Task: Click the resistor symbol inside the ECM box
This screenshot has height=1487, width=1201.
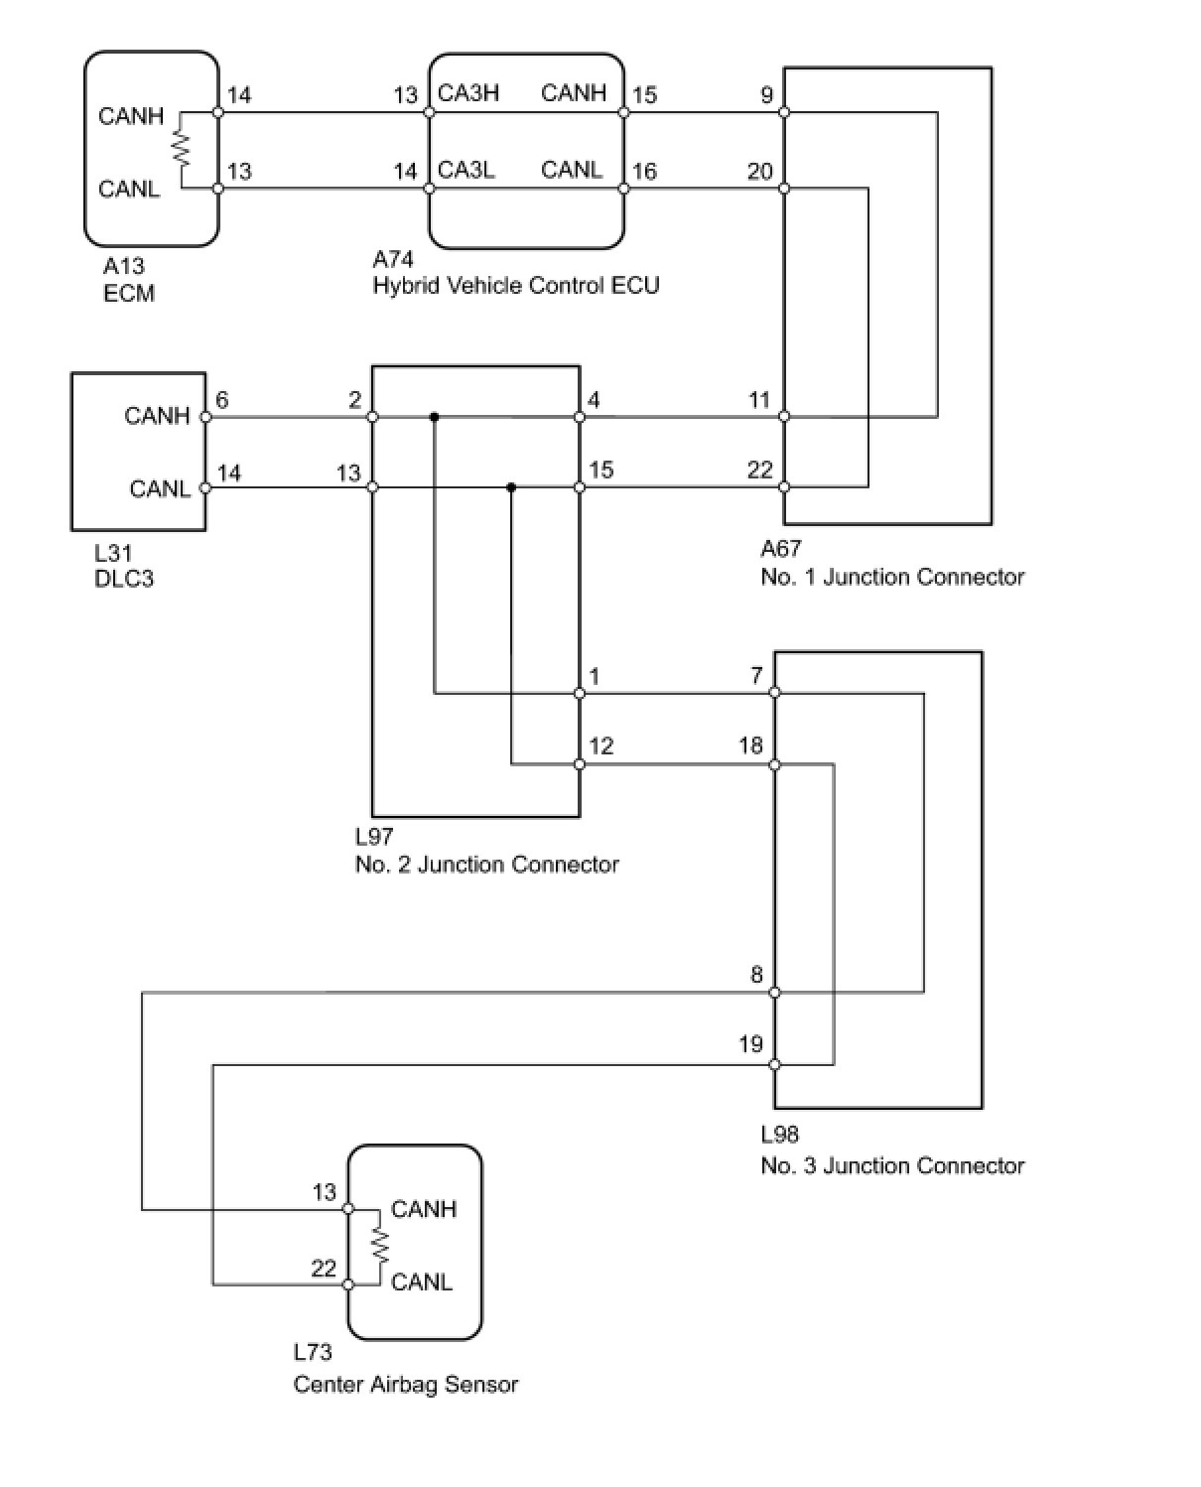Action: pos(181,149)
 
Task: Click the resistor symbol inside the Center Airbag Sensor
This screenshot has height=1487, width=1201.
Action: pos(377,1246)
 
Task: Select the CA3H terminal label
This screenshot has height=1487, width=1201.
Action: pos(467,93)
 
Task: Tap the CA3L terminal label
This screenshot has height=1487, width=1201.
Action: pos(466,170)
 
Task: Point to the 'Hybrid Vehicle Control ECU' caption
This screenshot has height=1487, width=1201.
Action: pos(515,286)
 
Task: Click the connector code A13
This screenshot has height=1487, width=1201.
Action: pos(123,266)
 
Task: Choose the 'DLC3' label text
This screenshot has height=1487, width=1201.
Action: pos(124,579)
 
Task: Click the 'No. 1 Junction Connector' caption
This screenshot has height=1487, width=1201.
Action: pos(891,577)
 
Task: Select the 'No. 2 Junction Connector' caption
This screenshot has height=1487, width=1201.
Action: pos(486,865)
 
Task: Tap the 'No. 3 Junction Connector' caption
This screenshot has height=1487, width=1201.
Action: pos(891,1165)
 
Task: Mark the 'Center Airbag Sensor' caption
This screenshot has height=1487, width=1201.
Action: pos(405,1384)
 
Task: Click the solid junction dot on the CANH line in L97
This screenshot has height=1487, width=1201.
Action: pos(434,417)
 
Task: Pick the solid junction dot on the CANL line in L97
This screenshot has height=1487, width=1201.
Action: pos(511,487)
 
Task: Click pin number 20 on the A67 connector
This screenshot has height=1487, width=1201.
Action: pos(759,172)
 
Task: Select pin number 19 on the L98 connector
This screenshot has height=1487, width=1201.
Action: pos(750,1043)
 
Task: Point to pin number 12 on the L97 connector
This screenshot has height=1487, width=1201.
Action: pos(600,745)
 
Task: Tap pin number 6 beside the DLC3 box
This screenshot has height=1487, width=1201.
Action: pos(221,400)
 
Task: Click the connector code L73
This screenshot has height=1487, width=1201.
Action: pos(313,1352)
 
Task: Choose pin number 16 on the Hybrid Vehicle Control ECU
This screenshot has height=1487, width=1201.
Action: pos(644,172)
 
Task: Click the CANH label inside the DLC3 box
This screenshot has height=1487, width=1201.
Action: pos(157,416)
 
